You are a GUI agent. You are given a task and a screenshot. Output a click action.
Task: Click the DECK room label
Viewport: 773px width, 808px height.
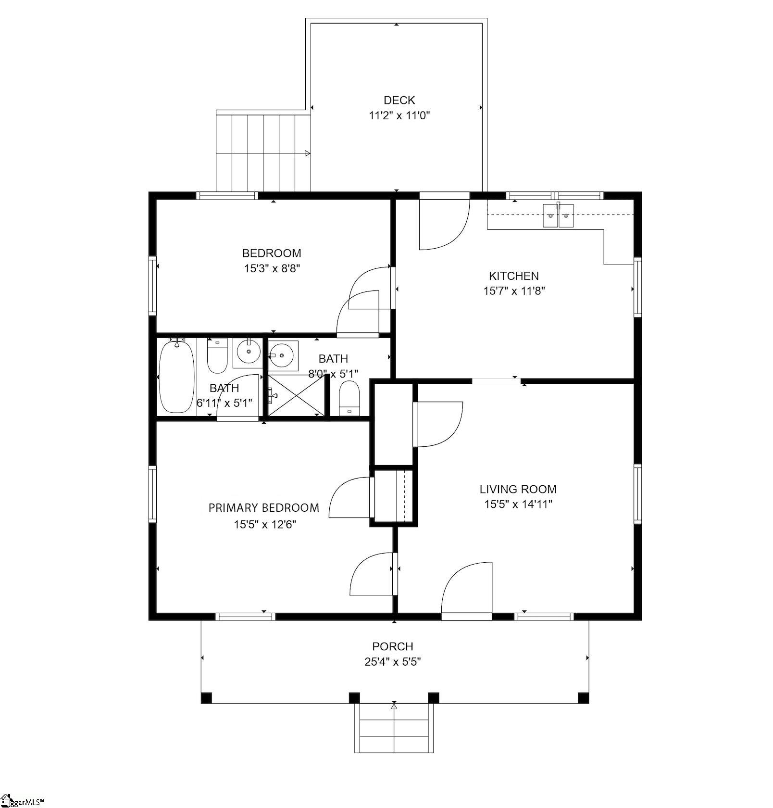(x=399, y=100)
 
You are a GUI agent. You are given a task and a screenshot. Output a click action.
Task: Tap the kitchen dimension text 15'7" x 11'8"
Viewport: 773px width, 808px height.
(x=514, y=291)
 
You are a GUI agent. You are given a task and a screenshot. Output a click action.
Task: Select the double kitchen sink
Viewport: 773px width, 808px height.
(x=558, y=215)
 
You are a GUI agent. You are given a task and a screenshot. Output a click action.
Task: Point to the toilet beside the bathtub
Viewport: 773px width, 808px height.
(x=217, y=356)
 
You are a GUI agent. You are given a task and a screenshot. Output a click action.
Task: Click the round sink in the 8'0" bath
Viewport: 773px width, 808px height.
(x=283, y=355)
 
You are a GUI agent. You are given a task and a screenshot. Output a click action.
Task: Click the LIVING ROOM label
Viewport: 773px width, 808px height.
(x=518, y=489)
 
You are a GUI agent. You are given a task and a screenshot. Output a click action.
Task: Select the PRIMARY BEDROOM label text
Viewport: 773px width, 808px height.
(x=263, y=508)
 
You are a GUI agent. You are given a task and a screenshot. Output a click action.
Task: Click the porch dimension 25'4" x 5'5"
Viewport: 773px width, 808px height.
(x=393, y=662)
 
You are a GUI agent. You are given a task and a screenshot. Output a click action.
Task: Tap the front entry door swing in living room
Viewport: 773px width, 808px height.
(x=466, y=589)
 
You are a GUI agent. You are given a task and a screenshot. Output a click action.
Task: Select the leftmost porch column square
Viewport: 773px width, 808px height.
(x=206, y=697)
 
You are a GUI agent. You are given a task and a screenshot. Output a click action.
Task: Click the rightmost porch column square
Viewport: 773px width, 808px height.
(x=583, y=697)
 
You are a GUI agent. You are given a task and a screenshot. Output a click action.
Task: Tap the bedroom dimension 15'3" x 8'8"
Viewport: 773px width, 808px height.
(x=272, y=268)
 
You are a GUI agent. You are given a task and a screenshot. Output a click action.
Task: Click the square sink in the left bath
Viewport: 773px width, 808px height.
(x=248, y=353)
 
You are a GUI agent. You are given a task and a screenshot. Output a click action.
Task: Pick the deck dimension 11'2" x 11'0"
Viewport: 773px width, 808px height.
(x=399, y=115)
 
